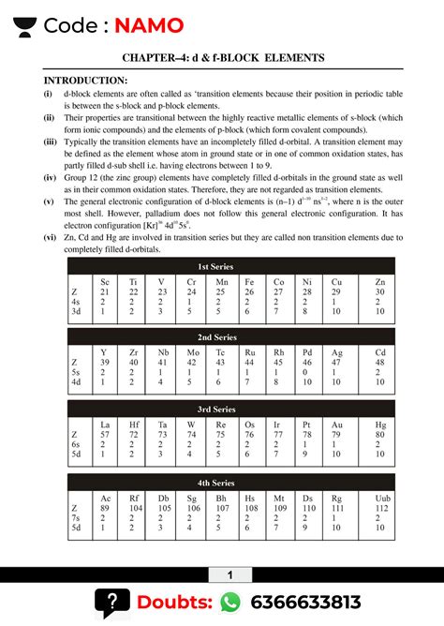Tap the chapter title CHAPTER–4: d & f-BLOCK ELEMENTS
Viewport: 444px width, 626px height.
(222, 58)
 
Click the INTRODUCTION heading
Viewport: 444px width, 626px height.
(85, 81)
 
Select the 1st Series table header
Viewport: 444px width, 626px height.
(222, 267)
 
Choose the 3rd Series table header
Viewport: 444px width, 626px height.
(222, 409)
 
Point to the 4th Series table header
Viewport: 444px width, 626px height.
(222, 482)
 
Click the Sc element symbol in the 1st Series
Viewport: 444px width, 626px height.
(105, 281)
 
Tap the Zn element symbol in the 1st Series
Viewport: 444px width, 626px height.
(379, 281)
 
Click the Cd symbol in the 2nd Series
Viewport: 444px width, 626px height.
(379, 352)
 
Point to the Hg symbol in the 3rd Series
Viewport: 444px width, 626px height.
(379, 425)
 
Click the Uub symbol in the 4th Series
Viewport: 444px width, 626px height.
(379, 498)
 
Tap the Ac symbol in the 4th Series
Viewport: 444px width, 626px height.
(105, 498)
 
